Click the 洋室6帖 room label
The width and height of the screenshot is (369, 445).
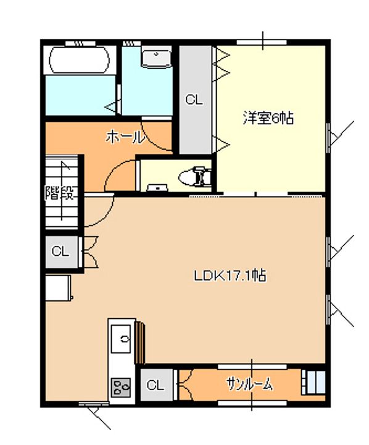point(268,118)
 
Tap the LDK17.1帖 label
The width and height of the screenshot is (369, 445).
point(230,275)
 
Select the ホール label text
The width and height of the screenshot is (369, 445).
point(125,137)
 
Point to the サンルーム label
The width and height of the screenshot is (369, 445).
point(250,384)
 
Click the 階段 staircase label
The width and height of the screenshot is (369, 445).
point(60,193)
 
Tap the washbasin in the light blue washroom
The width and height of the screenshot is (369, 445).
point(157,59)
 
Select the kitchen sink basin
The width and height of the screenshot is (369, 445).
point(121,339)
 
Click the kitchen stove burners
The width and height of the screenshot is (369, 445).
point(121,387)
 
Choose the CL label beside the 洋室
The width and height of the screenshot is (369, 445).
point(194,100)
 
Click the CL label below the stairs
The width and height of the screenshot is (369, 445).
point(60,251)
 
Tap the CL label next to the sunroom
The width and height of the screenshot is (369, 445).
point(155,385)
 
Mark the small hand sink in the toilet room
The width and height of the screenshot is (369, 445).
point(157,188)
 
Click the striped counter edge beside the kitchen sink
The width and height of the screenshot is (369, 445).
point(140,342)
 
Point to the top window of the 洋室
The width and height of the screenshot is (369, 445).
point(261,42)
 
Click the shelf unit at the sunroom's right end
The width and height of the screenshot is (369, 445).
point(313,383)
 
